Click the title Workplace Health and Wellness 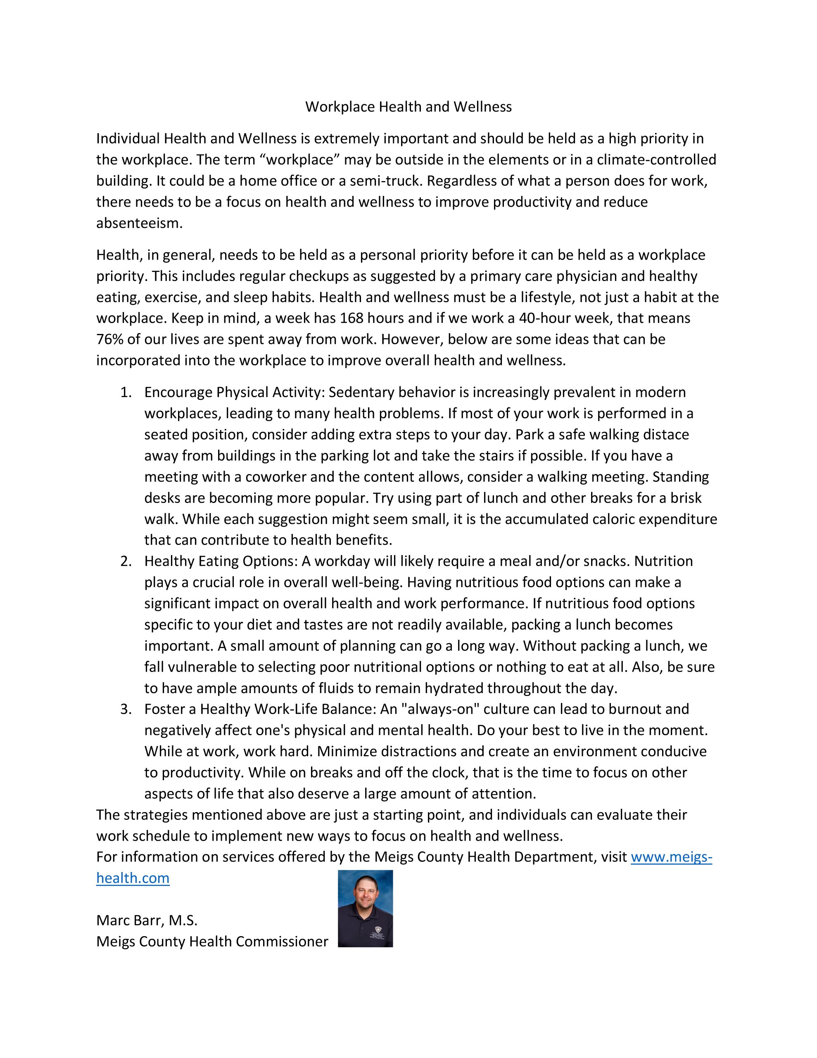[408, 107]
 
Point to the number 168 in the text [353, 318]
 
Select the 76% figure [110, 340]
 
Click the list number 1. [126, 392]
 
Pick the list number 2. [126, 562]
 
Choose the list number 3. [126, 709]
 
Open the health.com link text [133, 878]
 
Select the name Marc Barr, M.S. [147, 920]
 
